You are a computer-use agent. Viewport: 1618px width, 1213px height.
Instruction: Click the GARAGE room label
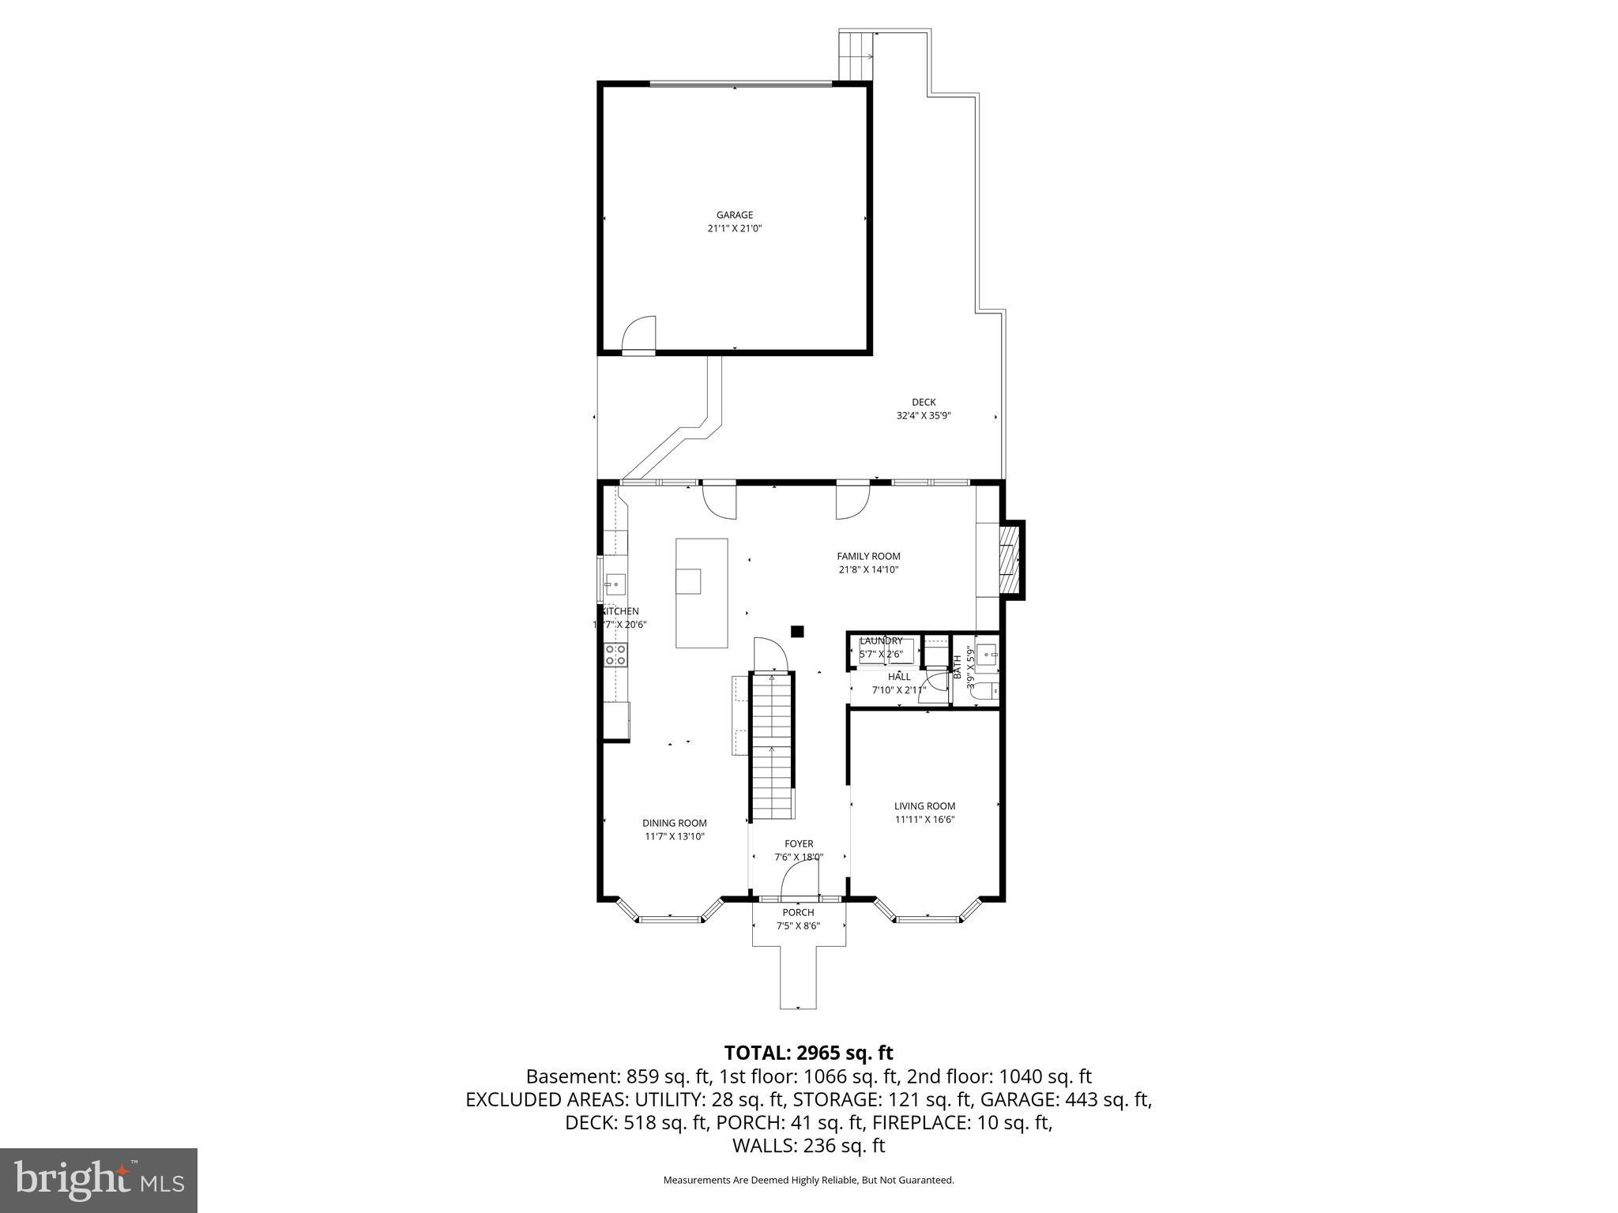click(x=734, y=215)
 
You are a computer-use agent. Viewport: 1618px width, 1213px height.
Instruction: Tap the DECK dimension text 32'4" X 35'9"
click(x=923, y=415)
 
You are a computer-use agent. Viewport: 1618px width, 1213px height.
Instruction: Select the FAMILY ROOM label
click(x=868, y=556)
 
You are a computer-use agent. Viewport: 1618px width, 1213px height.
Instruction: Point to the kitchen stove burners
click(x=615, y=655)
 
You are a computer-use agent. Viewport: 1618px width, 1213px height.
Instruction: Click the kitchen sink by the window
click(x=615, y=584)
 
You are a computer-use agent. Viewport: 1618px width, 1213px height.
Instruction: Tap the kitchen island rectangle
click(x=702, y=593)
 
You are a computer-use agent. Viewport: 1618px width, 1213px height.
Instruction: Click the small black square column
click(x=797, y=631)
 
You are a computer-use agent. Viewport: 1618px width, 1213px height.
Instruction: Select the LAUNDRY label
click(x=881, y=640)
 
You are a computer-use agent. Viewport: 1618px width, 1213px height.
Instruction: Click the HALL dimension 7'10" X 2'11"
click(x=898, y=690)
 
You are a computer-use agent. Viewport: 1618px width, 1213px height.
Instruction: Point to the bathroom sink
click(x=986, y=655)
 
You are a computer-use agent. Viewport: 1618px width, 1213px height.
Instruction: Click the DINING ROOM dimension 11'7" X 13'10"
click(x=674, y=836)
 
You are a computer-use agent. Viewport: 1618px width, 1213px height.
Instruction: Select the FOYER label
click(x=799, y=844)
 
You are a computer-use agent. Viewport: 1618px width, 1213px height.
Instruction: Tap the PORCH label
click(x=798, y=912)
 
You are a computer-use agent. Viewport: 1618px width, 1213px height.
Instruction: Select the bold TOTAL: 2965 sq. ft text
click(x=808, y=1053)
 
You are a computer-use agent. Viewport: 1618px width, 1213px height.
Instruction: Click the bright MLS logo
click(x=99, y=1180)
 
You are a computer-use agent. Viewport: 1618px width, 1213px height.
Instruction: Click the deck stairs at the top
click(x=855, y=55)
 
